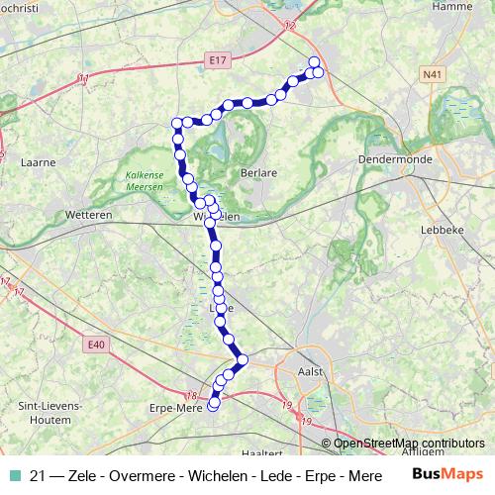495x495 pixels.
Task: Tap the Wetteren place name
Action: pyautogui.click(x=86, y=215)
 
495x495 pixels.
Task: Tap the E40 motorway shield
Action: pyautogui.click(x=95, y=344)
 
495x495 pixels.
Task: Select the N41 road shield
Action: pyautogui.click(x=432, y=74)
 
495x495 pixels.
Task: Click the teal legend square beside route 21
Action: pyautogui.click(x=14, y=476)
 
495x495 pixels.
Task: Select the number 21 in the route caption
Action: pyautogui.click(x=40, y=476)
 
